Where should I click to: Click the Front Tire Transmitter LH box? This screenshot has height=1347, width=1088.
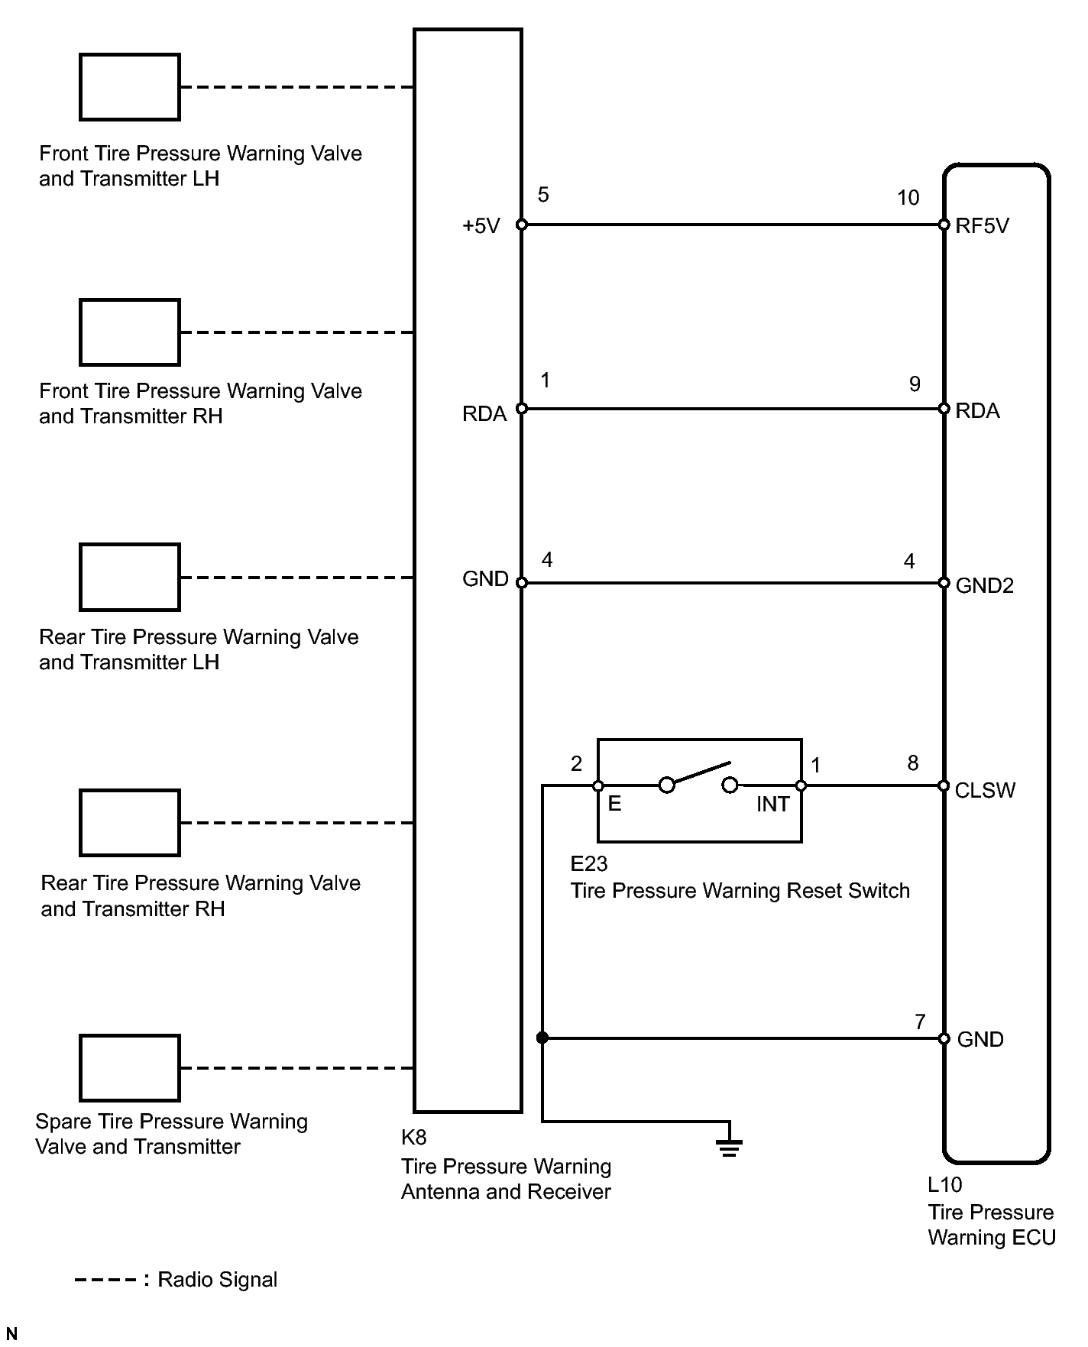click(129, 87)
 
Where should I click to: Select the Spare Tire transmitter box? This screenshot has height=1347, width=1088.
click(129, 1068)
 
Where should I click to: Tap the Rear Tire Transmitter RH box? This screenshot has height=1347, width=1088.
click(129, 823)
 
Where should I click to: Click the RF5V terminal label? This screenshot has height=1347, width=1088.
click(982, 225)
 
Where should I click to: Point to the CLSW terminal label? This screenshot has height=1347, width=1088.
click(985, 790)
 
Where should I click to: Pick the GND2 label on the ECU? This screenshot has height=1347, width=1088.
click(984, 585)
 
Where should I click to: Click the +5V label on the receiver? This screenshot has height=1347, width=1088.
click(481, 226)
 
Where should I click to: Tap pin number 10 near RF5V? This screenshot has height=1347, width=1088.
click(908, 198)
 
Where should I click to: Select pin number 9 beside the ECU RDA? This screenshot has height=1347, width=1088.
click(915, 384)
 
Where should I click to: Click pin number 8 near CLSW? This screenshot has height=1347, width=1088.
click(912, 763)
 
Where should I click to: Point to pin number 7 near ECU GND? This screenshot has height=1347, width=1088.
click(920, 1022)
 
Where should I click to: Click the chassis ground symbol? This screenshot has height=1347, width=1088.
click(730, 1147)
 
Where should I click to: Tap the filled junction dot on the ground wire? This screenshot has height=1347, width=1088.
click(542, 1038)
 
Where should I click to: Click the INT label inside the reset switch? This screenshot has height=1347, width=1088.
click(772, 805)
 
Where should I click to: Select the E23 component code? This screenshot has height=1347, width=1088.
click(589, 863)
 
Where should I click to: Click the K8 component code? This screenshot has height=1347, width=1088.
click(414, 1138)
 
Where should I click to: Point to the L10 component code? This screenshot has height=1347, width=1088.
click(944, 1185)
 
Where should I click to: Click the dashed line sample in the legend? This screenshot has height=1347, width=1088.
click(106, 1281)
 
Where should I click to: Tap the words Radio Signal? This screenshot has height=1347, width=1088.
click(217, 1281)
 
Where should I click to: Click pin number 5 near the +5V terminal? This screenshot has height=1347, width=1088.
click(543, 195)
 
